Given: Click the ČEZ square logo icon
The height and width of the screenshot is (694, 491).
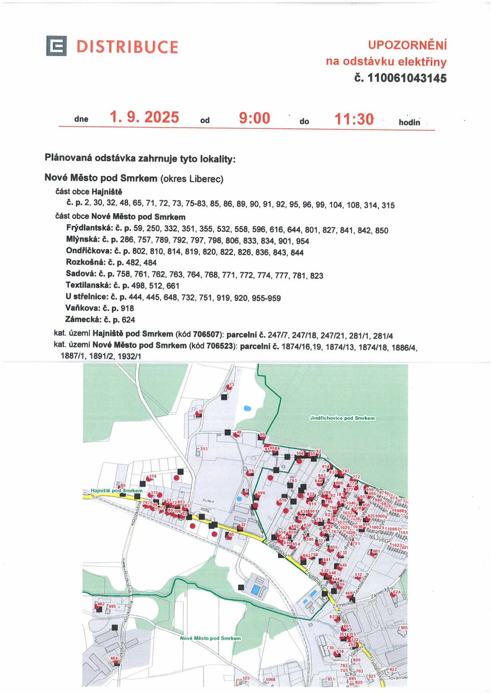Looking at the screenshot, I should click(56, 46).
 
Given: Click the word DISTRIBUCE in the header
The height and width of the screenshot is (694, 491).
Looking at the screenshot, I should click(127, 47).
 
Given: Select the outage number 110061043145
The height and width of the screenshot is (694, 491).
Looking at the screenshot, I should click(407, 78).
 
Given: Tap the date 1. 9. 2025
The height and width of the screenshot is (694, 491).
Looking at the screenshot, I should click(144, 118).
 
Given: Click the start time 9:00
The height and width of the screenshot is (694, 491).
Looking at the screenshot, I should click(255, 118).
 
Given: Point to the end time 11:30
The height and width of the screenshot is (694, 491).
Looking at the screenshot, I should click(354, 119).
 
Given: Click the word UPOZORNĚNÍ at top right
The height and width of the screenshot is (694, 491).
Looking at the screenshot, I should click(407, 45).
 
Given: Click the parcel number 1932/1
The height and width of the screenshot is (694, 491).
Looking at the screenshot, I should click(129, 356).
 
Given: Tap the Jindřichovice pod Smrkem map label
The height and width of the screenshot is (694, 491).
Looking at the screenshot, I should click(342, 418).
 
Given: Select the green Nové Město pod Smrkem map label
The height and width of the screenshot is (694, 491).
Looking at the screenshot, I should click(210, 638).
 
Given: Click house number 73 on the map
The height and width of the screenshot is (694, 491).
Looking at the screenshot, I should click(231, 385).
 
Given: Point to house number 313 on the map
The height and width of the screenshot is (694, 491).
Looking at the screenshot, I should click(203, 449).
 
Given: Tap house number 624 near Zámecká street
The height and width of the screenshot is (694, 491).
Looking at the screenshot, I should click(396, 592).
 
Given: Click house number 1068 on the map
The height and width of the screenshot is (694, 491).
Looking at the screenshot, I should click(270, 680).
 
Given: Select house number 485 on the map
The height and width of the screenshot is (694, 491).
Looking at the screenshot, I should click(112, 606).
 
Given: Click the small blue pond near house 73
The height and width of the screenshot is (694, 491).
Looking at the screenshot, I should click(247, 408).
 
